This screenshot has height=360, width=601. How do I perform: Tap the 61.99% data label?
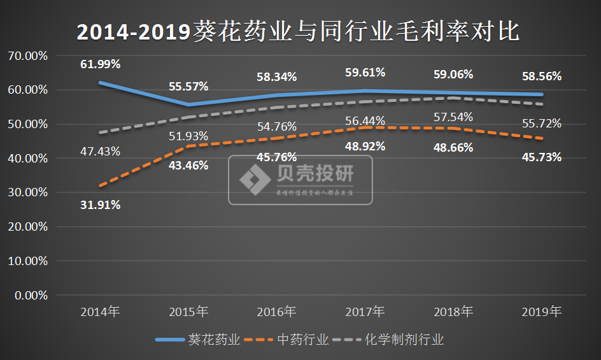pyautogui.click(x=101, y=64)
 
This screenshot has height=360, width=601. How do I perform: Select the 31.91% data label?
pyautogui.click(x=101, y=205)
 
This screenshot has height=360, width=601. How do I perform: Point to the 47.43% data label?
pyautogui.click(x=101, y=152)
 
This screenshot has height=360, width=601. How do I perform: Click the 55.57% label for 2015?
pyautogui.click(x=188, y=86)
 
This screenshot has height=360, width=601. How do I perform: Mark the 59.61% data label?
pyautogui.click(x=365, y=72)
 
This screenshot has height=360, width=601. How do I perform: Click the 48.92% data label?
pyautogui.click(x=365, y=146)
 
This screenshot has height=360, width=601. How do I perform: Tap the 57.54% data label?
pyautogui.click(x=453, y=117)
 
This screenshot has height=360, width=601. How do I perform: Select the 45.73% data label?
pyautogui.click(x=541, y=157)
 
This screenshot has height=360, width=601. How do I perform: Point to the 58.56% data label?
pyautogui.click(x=541, y=76)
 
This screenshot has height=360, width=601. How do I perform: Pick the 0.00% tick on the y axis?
pyautogui.click(x=30, y=296)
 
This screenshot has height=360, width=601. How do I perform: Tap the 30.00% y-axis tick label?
pyautogui.click(x=27, y=192)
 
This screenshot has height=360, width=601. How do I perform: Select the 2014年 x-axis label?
pyautogui.click(x=101, y=312)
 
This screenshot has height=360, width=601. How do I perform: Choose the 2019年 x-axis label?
pyautogui.click(x=541, y=312)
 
